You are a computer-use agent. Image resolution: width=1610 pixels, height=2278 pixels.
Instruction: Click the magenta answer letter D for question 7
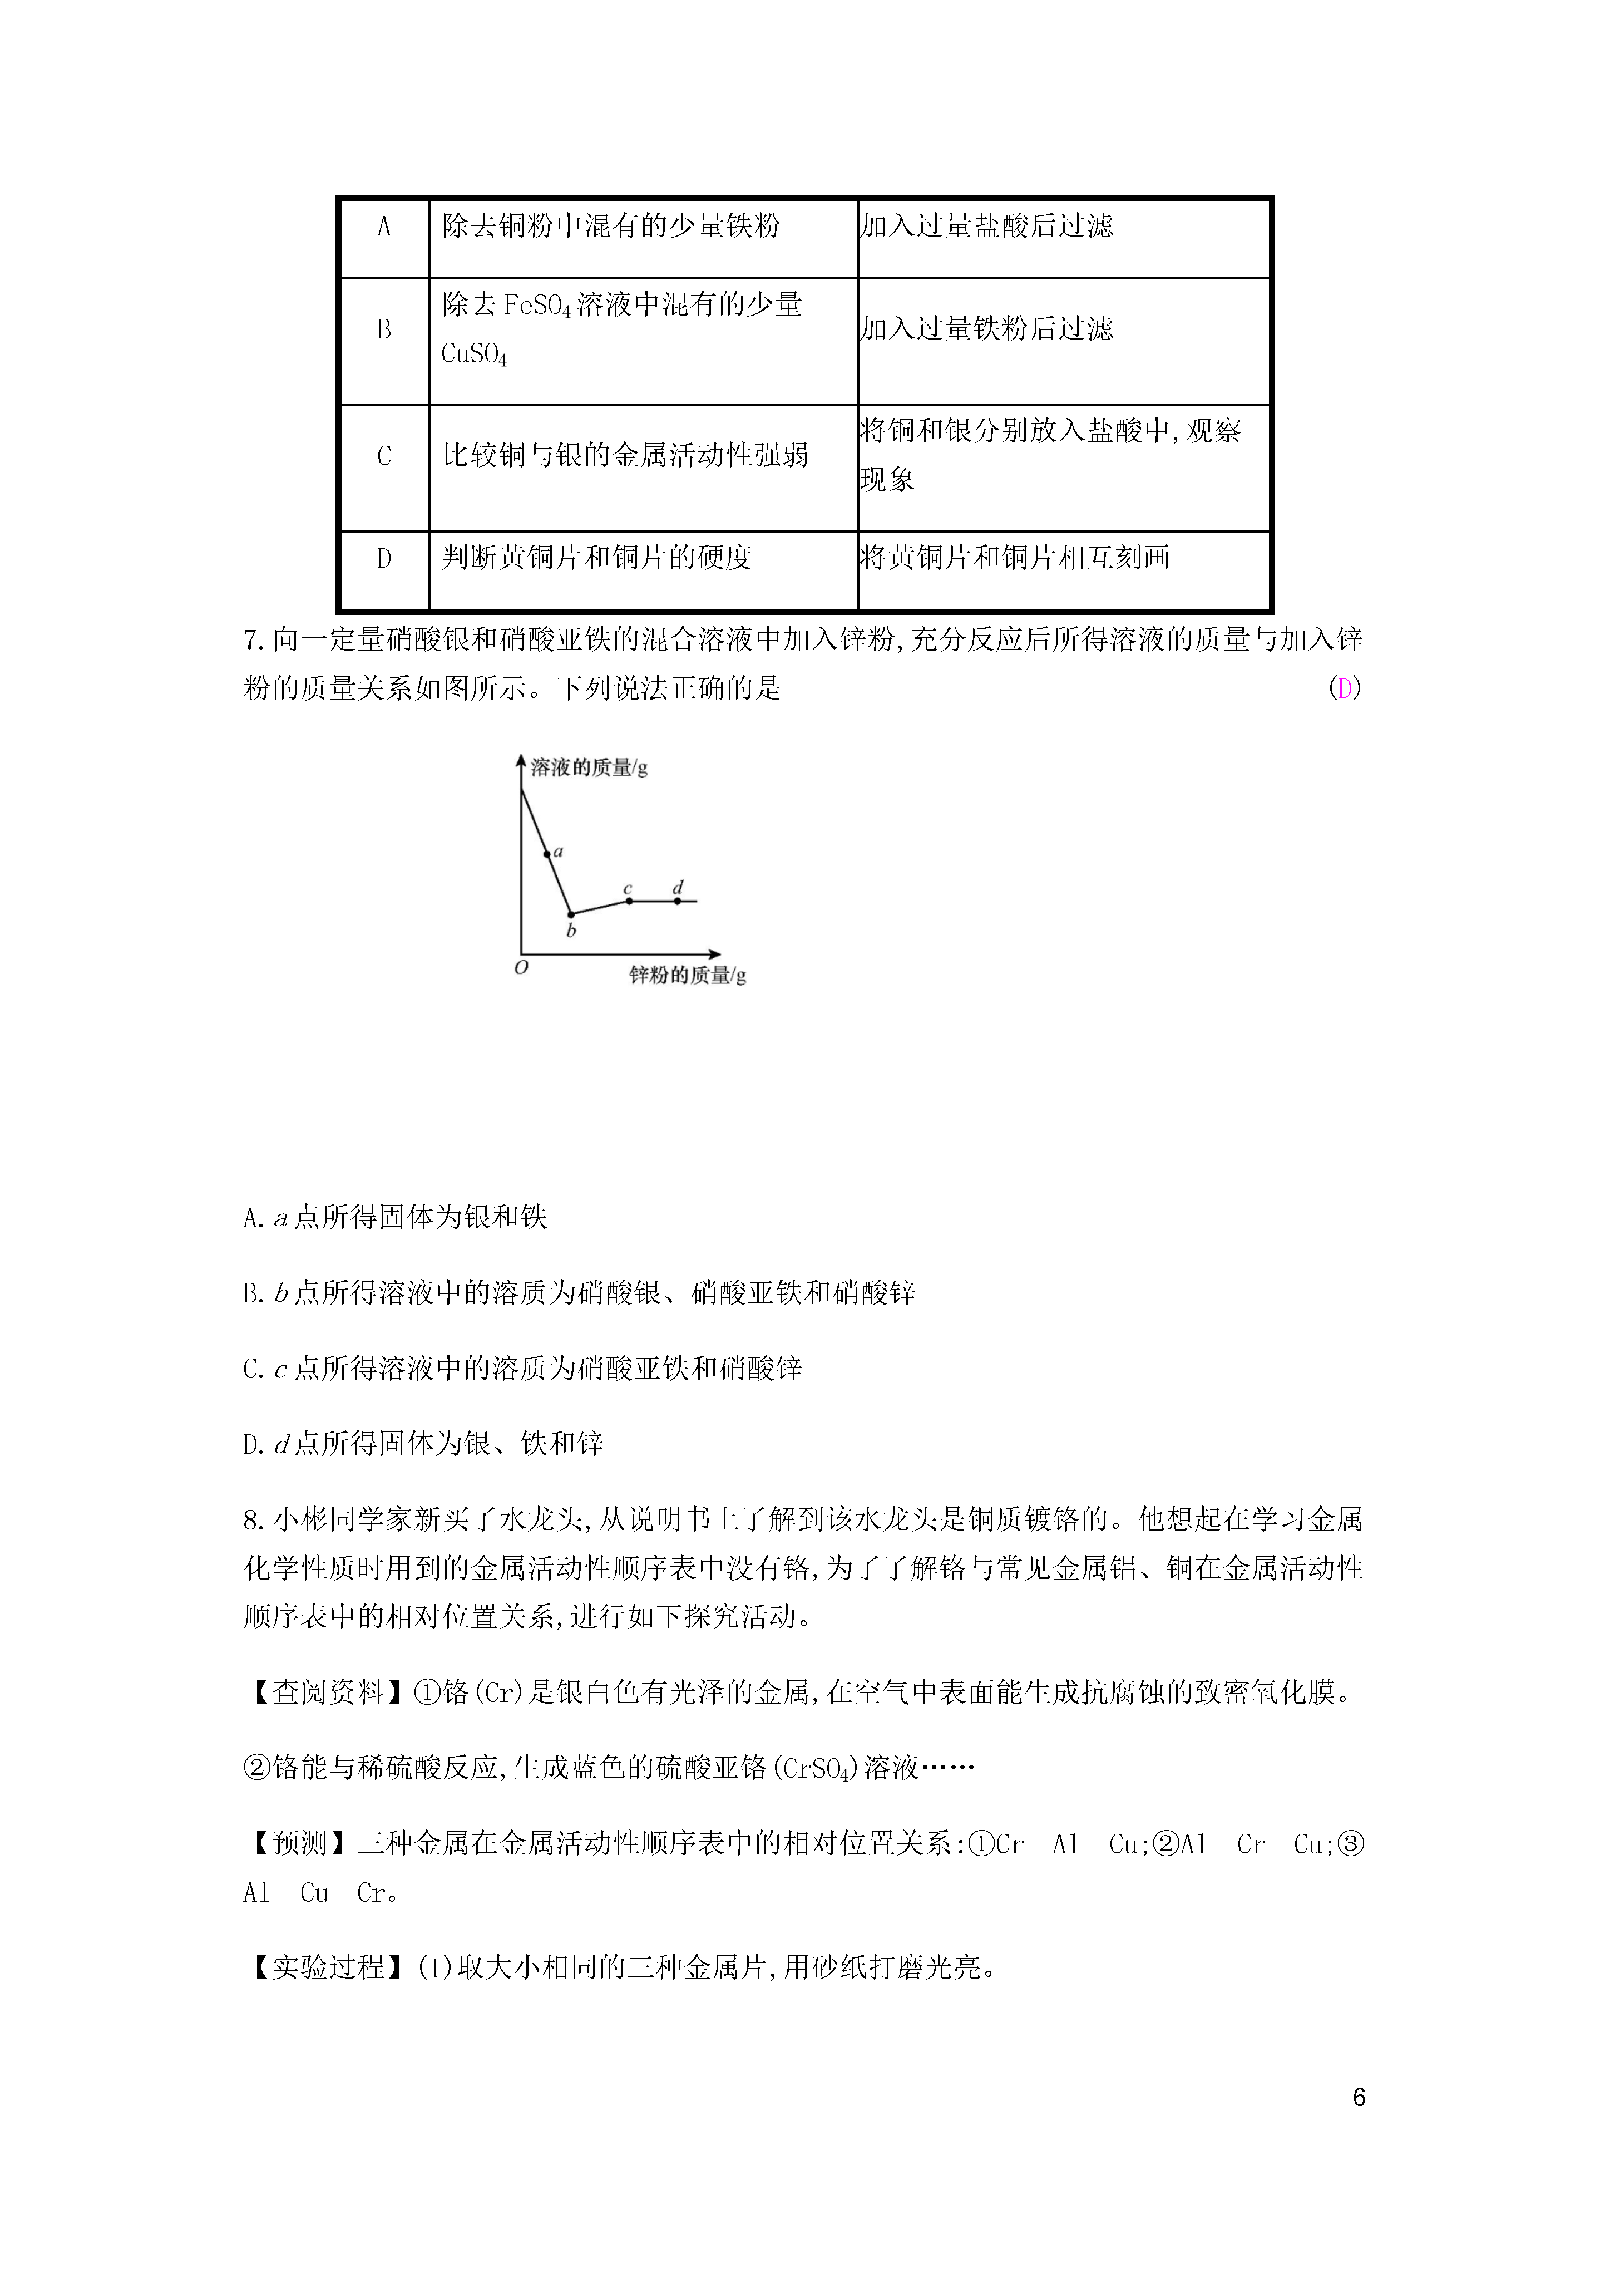pyautogui.click(x=1344, y=688)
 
